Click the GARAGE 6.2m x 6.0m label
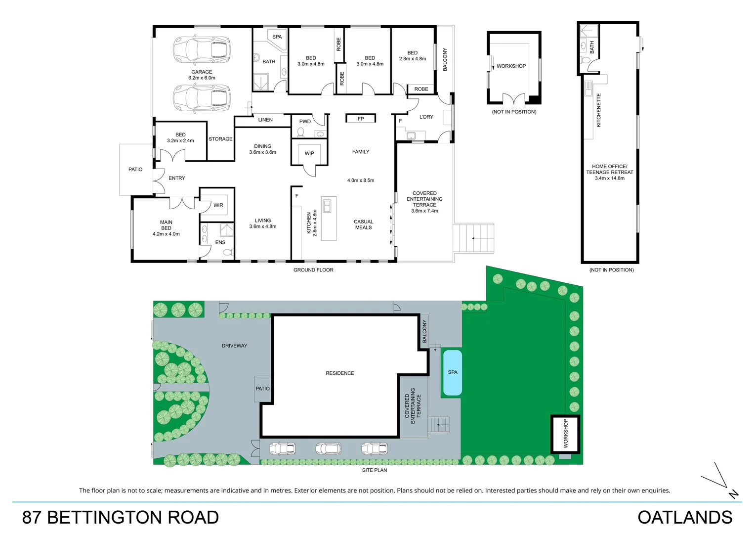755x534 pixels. click(x=202, y=75)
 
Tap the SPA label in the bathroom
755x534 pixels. click(x=277, y=37)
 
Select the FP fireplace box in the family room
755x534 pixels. click(x=361, y=119)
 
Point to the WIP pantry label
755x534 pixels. click(x=309, y=153)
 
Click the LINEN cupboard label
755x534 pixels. click(x=265, y=120)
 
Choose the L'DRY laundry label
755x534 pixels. click(x=426, y=117)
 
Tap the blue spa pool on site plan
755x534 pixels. click(x=453, y=373)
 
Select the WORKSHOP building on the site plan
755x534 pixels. click(x=565, y=434)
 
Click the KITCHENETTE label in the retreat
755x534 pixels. click(x=599, y=110)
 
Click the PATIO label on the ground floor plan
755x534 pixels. click(x=135, y=170)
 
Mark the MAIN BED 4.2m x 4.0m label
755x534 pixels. click(x=166, y=228)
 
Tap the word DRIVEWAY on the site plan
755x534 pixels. click(x=234, y=346)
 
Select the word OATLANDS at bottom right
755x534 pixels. click(x=685, y=517)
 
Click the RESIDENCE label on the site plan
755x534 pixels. click(x=340, y=373)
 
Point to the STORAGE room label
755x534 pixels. click(x=220, y=139)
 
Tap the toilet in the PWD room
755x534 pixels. click(x=301, y=132)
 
